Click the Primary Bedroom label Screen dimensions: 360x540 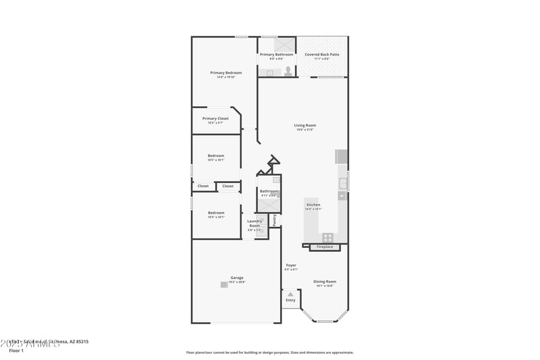click(225, 72)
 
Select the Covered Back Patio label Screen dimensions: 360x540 click(322, 54)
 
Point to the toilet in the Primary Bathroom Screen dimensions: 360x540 click(288, 71)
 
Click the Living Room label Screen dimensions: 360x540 click(304, 125)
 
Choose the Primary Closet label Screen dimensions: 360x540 click(215, 118)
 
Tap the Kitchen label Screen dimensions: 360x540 click(313, 205)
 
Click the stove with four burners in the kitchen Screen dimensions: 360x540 click(327, 237)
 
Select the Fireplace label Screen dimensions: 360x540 click(325, 247)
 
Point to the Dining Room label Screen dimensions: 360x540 click(325, 281)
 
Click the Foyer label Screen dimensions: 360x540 click(291, 265)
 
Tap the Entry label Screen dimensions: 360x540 click(290, 301)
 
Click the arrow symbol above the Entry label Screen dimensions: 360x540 click(290, 294)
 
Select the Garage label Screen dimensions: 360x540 click(237, 278)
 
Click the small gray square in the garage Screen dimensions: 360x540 click(224, 284)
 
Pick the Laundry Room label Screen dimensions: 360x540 click(254, 223)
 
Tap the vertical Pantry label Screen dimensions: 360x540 click(275, 220)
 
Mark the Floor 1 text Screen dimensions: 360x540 click(16, 351)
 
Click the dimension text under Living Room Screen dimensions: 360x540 click(304, 130)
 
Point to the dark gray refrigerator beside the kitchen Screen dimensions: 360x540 click(342, 157)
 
